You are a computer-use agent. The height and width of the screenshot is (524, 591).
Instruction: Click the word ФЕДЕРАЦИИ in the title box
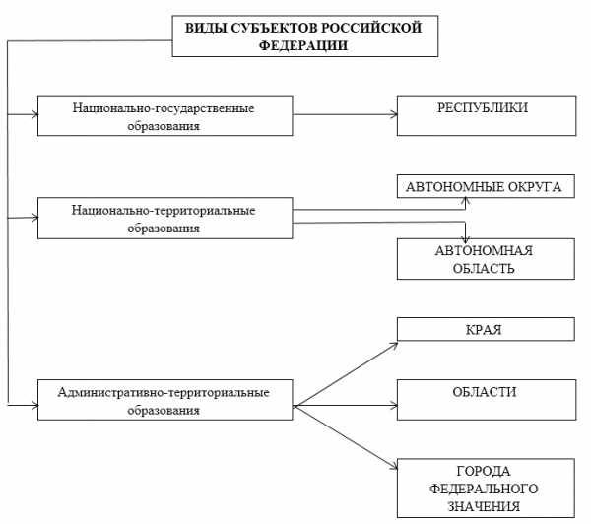[x=303, y=45]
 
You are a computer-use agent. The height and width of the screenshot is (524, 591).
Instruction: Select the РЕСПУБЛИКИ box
[x=487, y=115]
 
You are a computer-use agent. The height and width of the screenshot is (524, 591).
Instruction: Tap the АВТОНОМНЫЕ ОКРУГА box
[x=486, y=186]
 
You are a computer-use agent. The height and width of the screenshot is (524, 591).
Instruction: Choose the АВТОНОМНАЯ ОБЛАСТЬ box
[x=486, y=259]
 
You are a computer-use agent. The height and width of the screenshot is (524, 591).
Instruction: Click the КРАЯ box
[x=486, y=329]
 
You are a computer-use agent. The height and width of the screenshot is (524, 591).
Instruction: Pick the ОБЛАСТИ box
[x=487, y=400]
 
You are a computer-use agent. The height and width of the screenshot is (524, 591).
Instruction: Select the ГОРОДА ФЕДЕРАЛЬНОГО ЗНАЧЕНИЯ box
[x=486, y=489]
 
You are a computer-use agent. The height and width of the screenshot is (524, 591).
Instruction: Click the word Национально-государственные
[x=164, y=108]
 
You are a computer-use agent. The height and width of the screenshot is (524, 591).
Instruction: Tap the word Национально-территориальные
[x=164, y=211]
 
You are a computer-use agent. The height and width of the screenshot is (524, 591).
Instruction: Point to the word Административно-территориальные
[x=164, y=392]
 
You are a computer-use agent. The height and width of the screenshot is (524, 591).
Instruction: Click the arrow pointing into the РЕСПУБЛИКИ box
[x=345, y=114]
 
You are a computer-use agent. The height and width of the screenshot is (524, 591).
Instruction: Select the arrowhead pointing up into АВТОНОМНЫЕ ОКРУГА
[x=466, y=201]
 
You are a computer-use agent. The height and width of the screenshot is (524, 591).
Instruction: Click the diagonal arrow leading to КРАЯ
[x=346, y=374]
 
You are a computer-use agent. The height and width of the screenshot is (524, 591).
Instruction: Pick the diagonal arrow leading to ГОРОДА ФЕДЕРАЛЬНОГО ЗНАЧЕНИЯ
[x=346, y=437]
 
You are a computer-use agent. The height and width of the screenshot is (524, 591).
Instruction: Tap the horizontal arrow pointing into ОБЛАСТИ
[x=346, y=406]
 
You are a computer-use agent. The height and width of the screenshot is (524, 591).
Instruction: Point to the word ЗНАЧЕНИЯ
[x=484, y=506]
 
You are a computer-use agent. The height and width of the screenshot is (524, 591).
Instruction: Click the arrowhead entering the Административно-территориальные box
[x=35, y=406]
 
